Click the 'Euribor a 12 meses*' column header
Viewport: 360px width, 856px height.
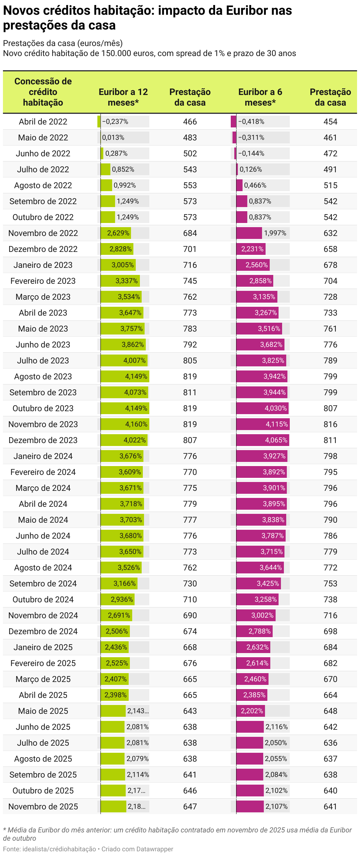[x=123, y=97]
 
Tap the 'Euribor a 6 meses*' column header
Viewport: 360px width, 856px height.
[x=260, y=97]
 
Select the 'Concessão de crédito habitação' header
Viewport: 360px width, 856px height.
[x=43, y=92]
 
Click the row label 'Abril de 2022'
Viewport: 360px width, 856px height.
[x=43, y=122]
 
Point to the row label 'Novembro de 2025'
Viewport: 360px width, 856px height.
[x=43, y=806]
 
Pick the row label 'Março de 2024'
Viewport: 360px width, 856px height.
[x=43, y=488]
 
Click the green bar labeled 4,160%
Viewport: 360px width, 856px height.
[x=125, y=424]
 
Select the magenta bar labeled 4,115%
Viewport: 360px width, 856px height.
[x=263, y=424]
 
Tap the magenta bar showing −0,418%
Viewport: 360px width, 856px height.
[x=233, y=122]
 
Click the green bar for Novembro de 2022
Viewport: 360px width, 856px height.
[x=116, y=233]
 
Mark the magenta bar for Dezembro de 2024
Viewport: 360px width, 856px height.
[x=254, y=631]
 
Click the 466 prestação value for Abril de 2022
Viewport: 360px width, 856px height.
[x=190, y=122]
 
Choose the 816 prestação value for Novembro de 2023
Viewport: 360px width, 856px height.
[x=330, y=424]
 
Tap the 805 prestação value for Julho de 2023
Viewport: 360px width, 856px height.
[x=190, y=360]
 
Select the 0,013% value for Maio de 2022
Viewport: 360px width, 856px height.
[x=113, y=137]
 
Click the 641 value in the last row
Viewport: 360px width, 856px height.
[x=330, y=806]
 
